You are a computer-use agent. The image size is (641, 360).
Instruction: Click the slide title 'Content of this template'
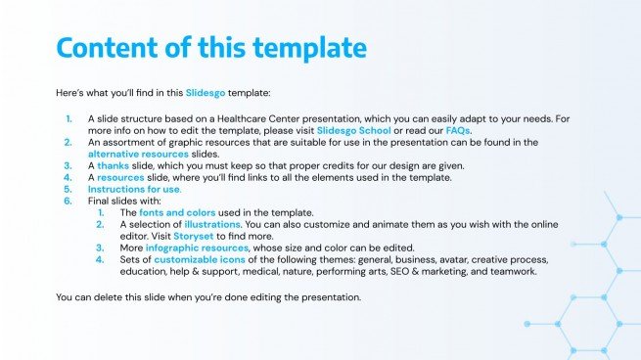pyautogui.click(x=211, y=49)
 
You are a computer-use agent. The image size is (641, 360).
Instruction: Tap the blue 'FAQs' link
pyautogui.click(x=458, y=130)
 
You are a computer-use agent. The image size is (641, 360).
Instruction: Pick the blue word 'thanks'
pyautogui.click(x=113, y=165)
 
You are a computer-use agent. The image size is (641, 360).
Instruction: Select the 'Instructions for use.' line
pyautogui.click(x=134, y=189)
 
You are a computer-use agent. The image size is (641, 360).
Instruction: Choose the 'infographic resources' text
pyautogui.click(x=196, y=247)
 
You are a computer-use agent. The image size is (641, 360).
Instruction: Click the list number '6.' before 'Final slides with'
pyautogui.click(x=68, y=201)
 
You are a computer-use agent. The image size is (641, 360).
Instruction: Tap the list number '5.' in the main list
pyautogui.click(x=68, y=189)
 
